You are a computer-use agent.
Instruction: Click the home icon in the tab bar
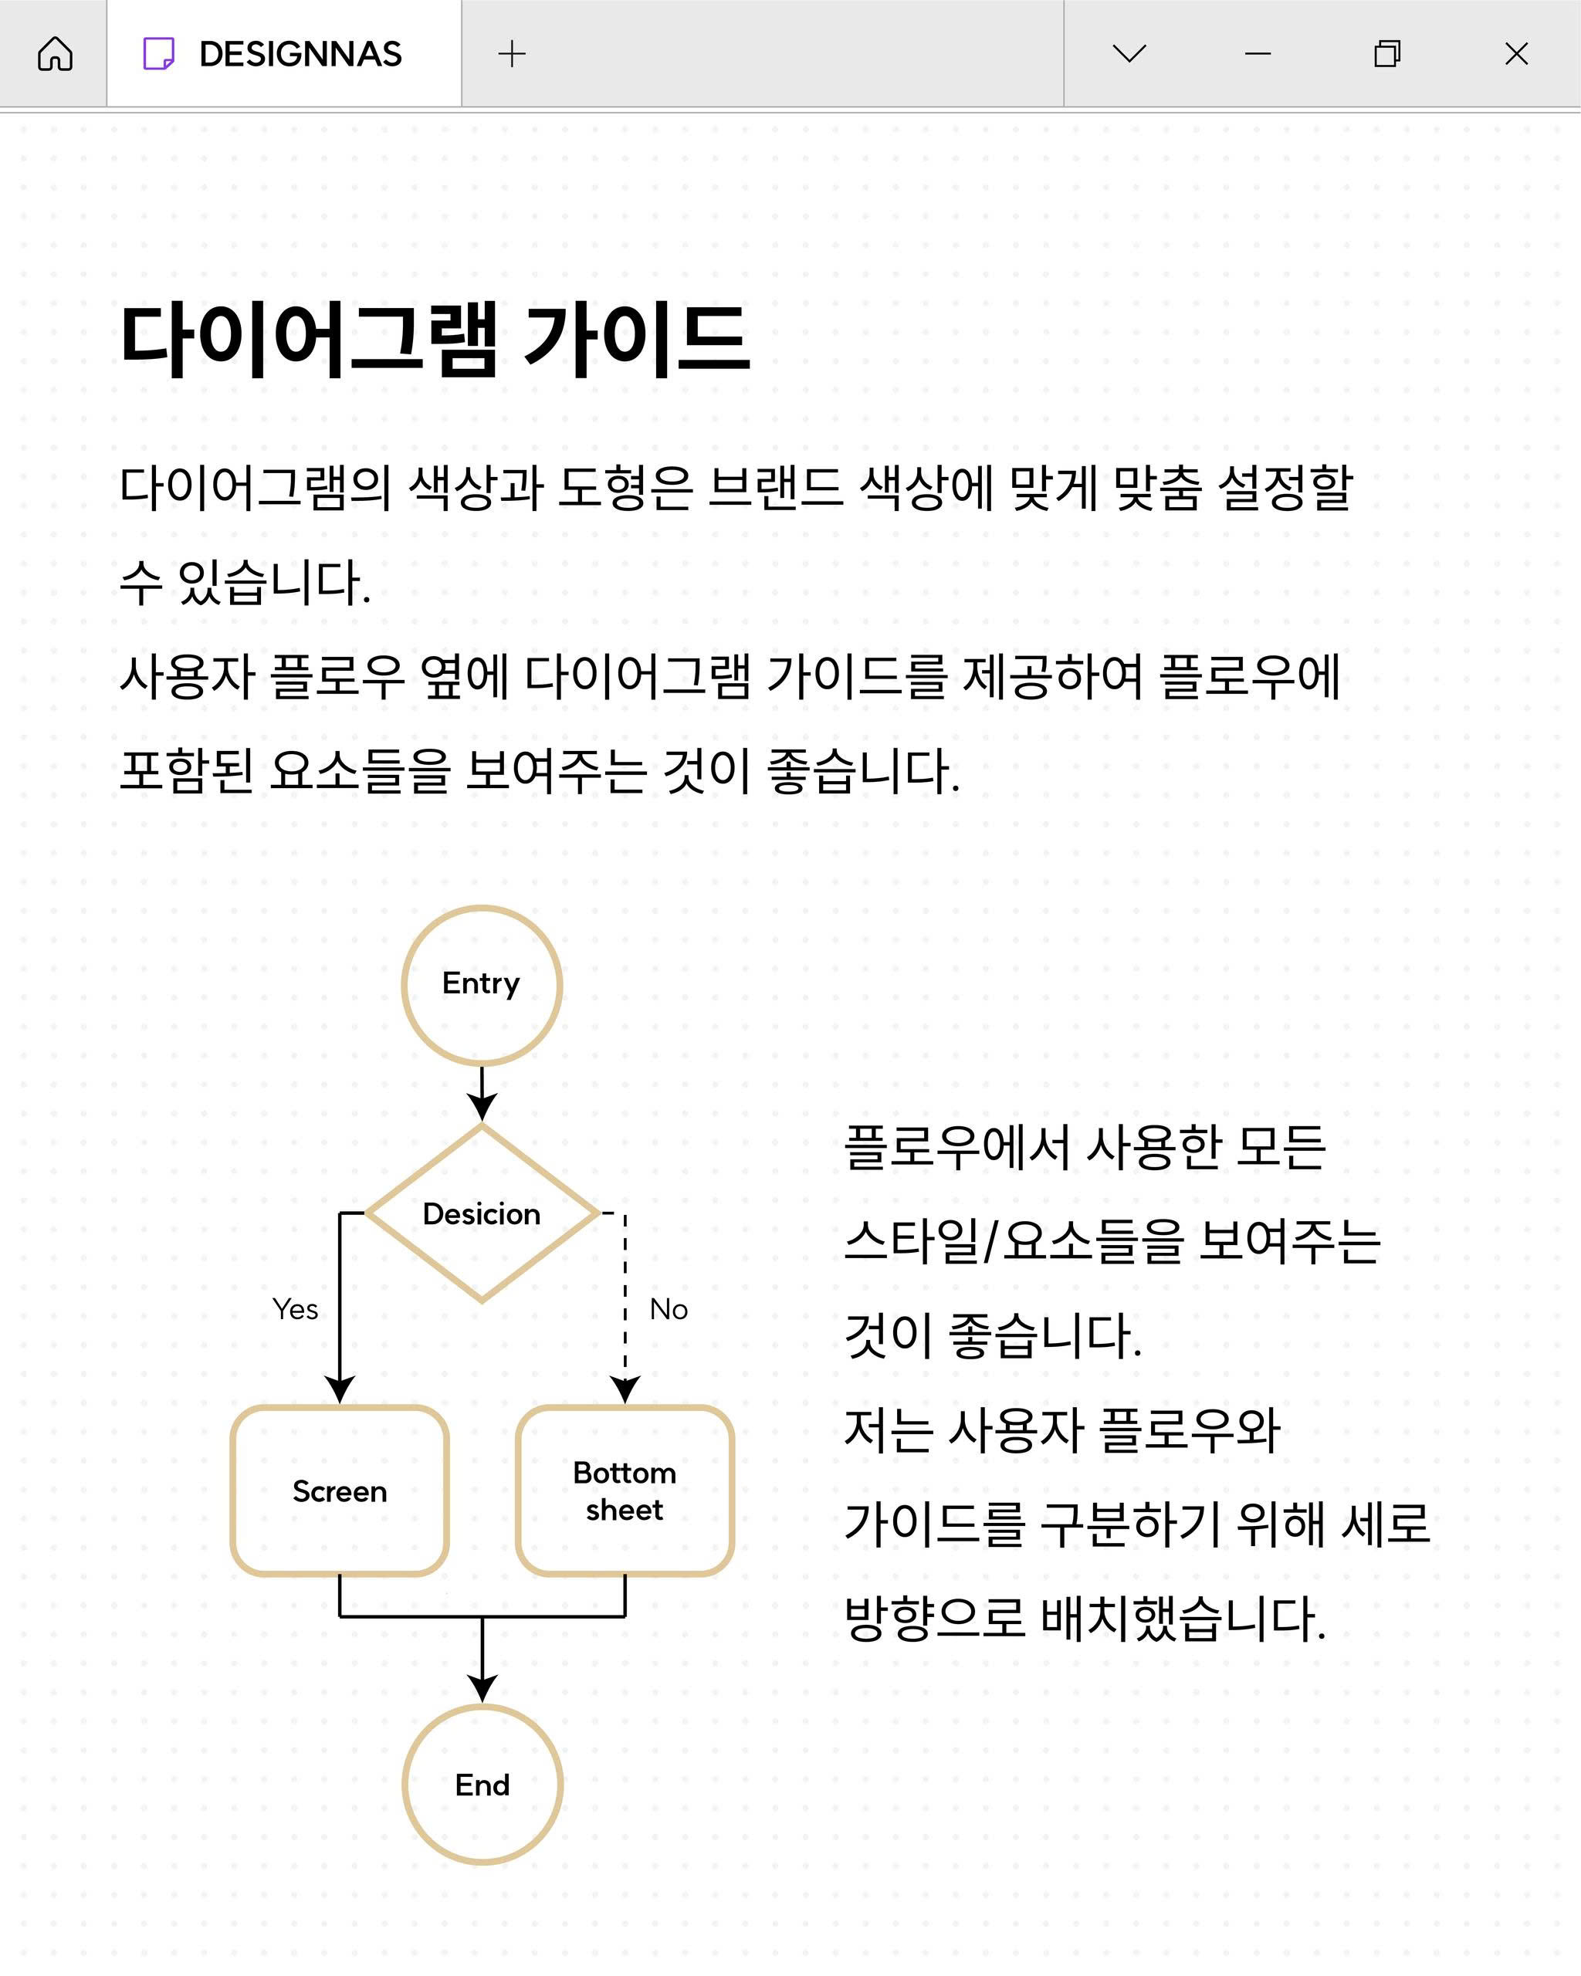[55, 54]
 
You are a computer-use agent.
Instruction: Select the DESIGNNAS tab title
[300, 54]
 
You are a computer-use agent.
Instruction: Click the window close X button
[1517, 54]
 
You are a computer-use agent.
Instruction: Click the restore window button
[1387, 54]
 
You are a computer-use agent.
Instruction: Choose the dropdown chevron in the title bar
[1129, 54]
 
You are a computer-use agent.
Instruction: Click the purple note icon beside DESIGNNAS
[158, 54]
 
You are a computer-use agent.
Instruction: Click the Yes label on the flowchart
[295, 1309]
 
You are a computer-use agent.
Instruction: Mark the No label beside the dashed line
[669, 1309]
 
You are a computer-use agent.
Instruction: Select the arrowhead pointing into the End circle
[482, 1690]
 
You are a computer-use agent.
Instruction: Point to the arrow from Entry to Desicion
[482, 1095]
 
